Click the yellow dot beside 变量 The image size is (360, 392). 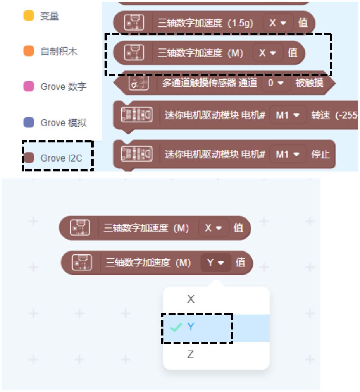pos(29,16)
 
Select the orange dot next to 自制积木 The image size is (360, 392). pos(29,51)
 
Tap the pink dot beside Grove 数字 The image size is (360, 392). pos(29,86)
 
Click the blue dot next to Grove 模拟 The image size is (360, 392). pos(29,123)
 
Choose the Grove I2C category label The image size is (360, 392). pos(61,158)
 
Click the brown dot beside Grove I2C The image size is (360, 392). pos(29,158)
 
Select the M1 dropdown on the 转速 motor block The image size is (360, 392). pos(288,115)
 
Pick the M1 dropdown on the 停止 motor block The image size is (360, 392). pos(288,154)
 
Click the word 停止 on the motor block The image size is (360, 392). pos(320,154)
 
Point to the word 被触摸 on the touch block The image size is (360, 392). pos(309,83)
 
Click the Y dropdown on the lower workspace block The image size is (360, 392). pos(215,263)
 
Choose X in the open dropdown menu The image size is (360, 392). pos(191,299)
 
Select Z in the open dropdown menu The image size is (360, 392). pos(191,354)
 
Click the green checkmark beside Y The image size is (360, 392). pos(176,327)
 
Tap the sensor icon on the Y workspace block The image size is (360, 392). pos(82,263)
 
